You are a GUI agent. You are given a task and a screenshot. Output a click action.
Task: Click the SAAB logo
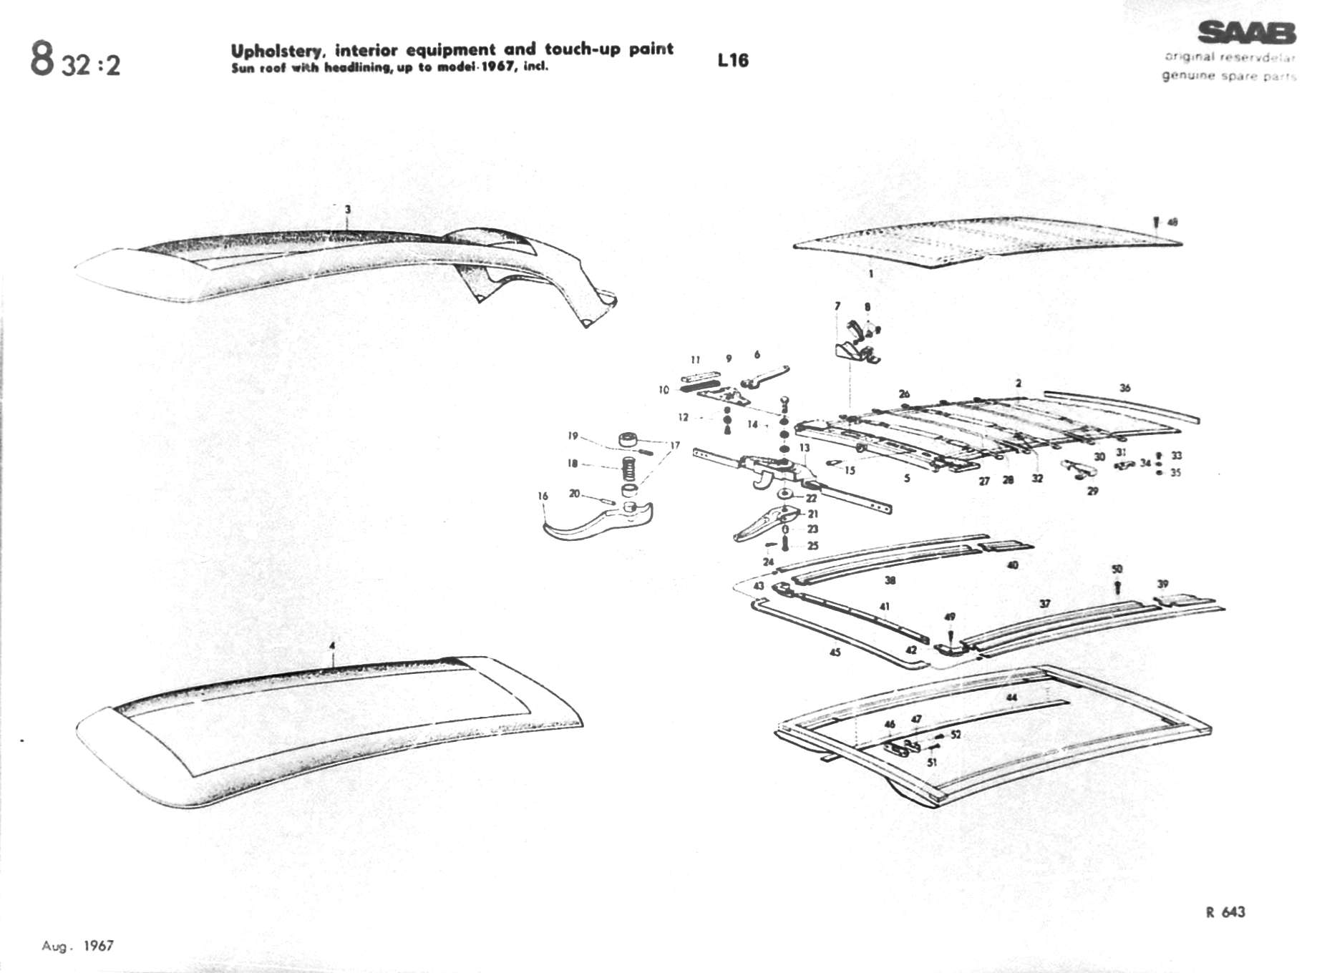point(1246,33)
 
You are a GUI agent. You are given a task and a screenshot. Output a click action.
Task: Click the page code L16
point(733,60)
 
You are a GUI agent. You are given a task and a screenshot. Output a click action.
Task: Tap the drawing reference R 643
point(1225,911)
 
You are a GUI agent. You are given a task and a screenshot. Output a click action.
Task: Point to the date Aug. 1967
point(77,946)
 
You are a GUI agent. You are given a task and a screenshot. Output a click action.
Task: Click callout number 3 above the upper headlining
point(348,210)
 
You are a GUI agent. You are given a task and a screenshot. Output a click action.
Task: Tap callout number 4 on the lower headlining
point(331,646)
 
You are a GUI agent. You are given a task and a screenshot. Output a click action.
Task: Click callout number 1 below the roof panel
point(870,273)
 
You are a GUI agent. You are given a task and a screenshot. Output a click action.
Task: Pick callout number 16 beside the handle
point(543,496)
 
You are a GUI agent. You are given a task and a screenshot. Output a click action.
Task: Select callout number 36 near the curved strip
point(1125,388)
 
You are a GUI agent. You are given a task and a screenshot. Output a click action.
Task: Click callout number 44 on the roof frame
point(1011,697)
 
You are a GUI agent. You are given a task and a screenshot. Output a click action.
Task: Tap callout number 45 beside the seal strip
point(835,652)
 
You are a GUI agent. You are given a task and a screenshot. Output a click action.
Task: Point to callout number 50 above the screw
point(1117,569)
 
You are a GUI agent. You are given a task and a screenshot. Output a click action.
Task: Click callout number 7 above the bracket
point(837,306)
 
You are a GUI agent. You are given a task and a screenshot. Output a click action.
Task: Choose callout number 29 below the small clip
point(1092,491)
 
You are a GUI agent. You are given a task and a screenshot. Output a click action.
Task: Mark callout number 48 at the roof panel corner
point(1172,222)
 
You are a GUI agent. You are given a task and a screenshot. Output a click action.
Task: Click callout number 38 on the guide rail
point(890,580)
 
